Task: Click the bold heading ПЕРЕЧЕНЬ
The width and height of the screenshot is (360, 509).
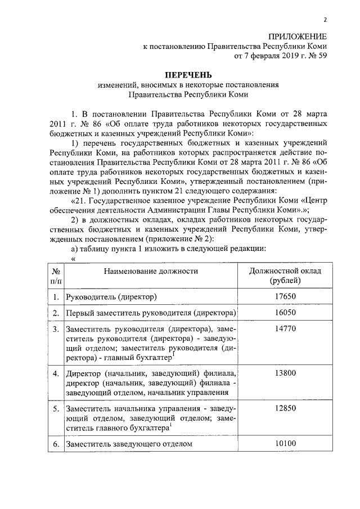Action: pos(188,75)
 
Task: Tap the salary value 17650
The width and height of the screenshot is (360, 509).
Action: pos(286,296)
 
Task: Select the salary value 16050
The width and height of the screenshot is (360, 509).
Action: pos(286,312)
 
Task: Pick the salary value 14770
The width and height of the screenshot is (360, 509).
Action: pos(286,328)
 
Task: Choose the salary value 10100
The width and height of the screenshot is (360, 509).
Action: pos(286,444)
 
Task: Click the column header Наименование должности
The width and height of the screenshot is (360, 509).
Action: pos(150,271)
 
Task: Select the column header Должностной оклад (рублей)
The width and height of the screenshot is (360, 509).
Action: pos(286,276)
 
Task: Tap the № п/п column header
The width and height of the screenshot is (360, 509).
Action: pos(55,276)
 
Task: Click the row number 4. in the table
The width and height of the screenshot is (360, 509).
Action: pos(56,373)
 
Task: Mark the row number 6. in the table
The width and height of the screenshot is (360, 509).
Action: pos(56,444)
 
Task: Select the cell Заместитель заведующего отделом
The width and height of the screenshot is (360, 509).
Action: pos(129,444)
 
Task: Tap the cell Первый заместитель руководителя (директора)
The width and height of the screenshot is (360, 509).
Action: pos(150,312)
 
